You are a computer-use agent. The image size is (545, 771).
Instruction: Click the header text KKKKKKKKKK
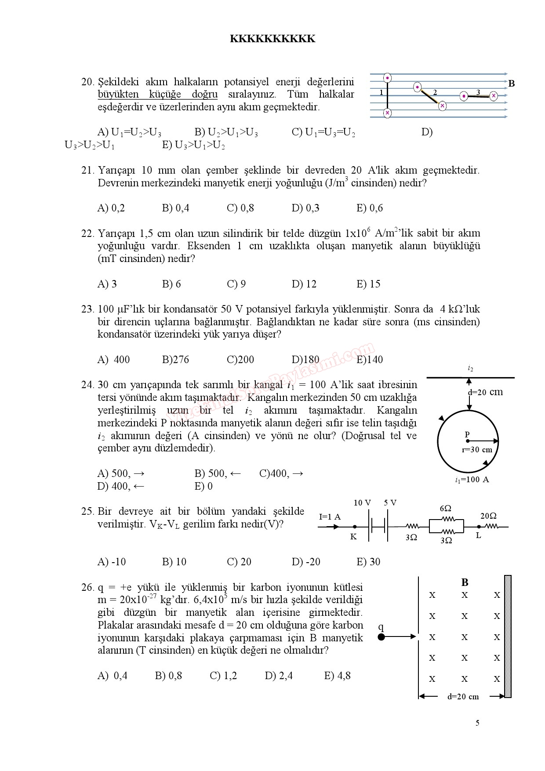(272, 39)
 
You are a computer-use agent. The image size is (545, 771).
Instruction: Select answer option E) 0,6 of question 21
(369, 208)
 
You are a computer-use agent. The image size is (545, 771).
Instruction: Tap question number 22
(87, 233)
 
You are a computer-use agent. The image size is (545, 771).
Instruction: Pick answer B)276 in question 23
(175, 360)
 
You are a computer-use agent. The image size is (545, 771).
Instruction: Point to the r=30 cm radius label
(477, 450)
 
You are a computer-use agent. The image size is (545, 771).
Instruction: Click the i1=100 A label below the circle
(472, 480)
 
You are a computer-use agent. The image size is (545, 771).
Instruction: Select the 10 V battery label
(362, 502)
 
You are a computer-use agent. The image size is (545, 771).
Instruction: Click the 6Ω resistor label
(445, 508)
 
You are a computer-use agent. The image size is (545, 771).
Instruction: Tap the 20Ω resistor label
(488, 516)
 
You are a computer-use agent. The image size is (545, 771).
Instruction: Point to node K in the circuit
(355, 527)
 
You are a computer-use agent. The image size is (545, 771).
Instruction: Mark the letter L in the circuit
(479, 536)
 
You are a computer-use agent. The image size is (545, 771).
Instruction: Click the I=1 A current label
(330, 517)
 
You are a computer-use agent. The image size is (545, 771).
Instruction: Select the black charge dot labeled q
(381, 636)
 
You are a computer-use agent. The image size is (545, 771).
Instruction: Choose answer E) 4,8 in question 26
(337, 676)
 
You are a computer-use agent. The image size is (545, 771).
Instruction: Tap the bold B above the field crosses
(465, 582)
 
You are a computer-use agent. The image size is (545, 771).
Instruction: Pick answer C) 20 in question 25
(239, 562)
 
